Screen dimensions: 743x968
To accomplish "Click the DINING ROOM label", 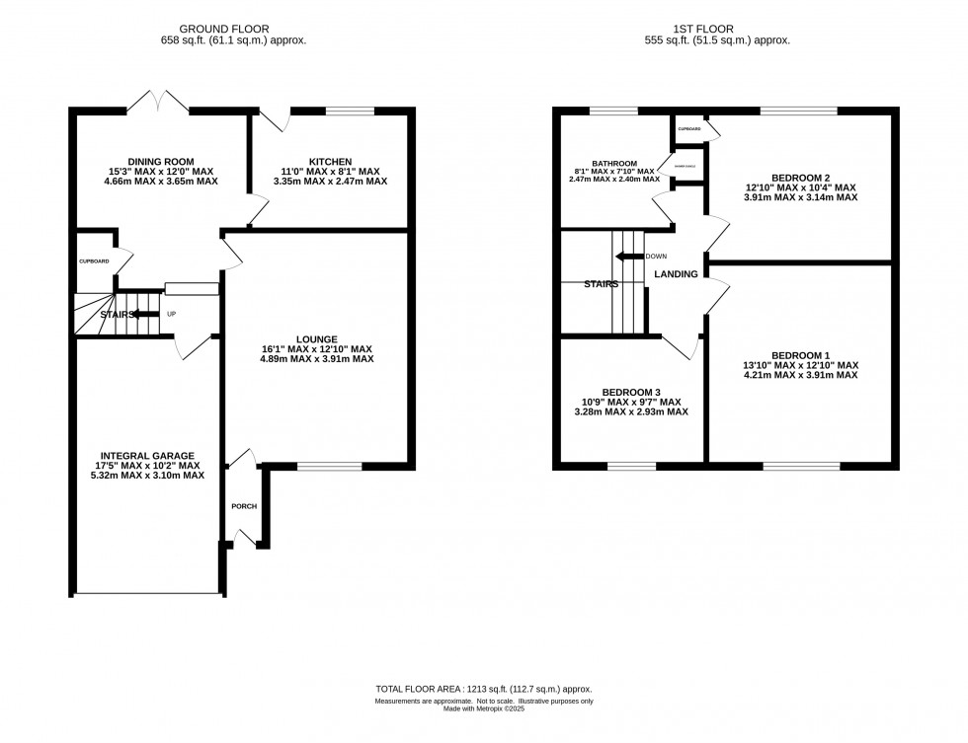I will (x=160, y=162).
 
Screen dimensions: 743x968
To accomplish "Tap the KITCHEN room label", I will (x=330, y=162).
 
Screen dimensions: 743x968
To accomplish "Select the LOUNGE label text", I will (x=315, y=338).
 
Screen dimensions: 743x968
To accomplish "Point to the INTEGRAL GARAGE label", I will (x=146, y=456).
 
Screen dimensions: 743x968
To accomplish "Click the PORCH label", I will (x=243, y=506).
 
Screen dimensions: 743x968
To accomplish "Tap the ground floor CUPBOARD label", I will (x=94, y=261).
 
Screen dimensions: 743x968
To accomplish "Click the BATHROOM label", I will (x=614, y=164).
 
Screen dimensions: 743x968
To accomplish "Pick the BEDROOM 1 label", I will (x=800, y=355).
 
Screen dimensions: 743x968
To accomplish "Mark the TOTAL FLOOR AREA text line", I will (x=483, y=689).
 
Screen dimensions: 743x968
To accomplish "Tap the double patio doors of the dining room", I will (x=158, y=102).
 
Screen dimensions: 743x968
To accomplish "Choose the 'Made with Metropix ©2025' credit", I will (x=483, y=707).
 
